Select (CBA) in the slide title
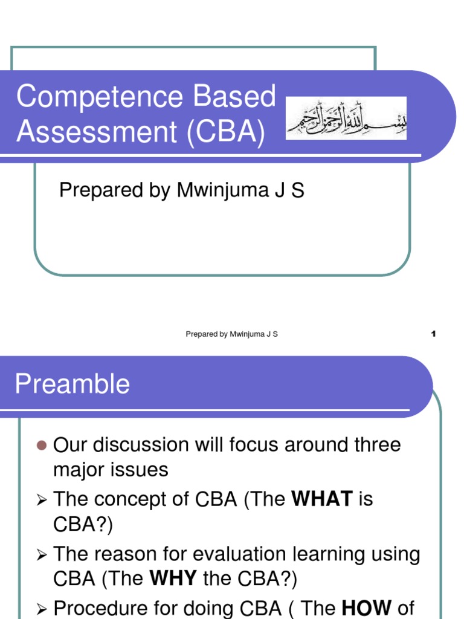coord(225,132)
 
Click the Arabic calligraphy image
coord(346,118)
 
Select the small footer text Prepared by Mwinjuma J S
coord(231,334)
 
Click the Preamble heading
coord(72,384)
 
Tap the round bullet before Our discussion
coord(41,446)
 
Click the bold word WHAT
coord(321,499)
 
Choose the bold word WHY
coord(173,579)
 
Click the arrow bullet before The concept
coord(42,500)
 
